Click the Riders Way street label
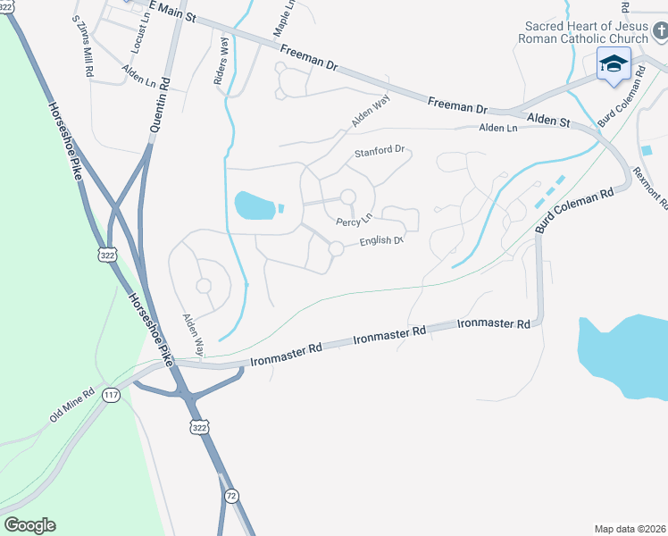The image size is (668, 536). pyautogui.click(x=221, y=65)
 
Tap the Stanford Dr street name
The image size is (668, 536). pyautogui.click(x=380, y=152)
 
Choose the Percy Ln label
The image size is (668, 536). pyautogui.click(x=354, y=221)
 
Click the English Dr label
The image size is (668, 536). pyautogui.click(x=383, y=241)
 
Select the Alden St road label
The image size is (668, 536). pyautogui.click(x=547, y=119)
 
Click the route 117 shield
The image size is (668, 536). pyautogui.click(x=111, y=395)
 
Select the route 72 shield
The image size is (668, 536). pyautogui.click(x=231, y=496)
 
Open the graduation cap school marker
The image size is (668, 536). pyautogui.click(x=614, y=64)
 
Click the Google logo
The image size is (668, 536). pyautogui.click(x=29, y=525)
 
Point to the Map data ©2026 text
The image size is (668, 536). pyautogui.click(x=630, y=528)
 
